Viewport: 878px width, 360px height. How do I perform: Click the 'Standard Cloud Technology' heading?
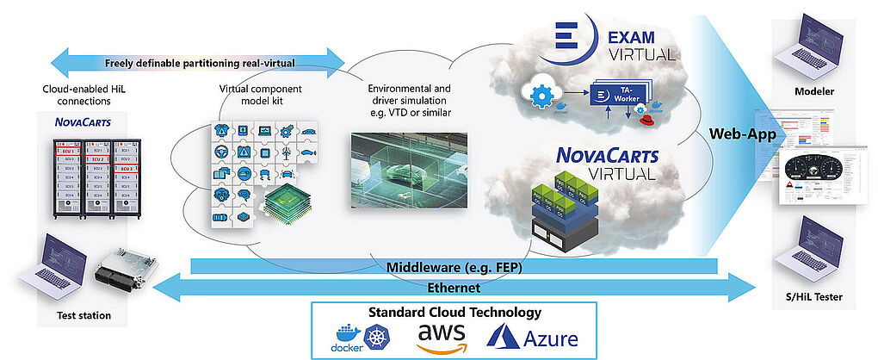pos(454,312)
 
